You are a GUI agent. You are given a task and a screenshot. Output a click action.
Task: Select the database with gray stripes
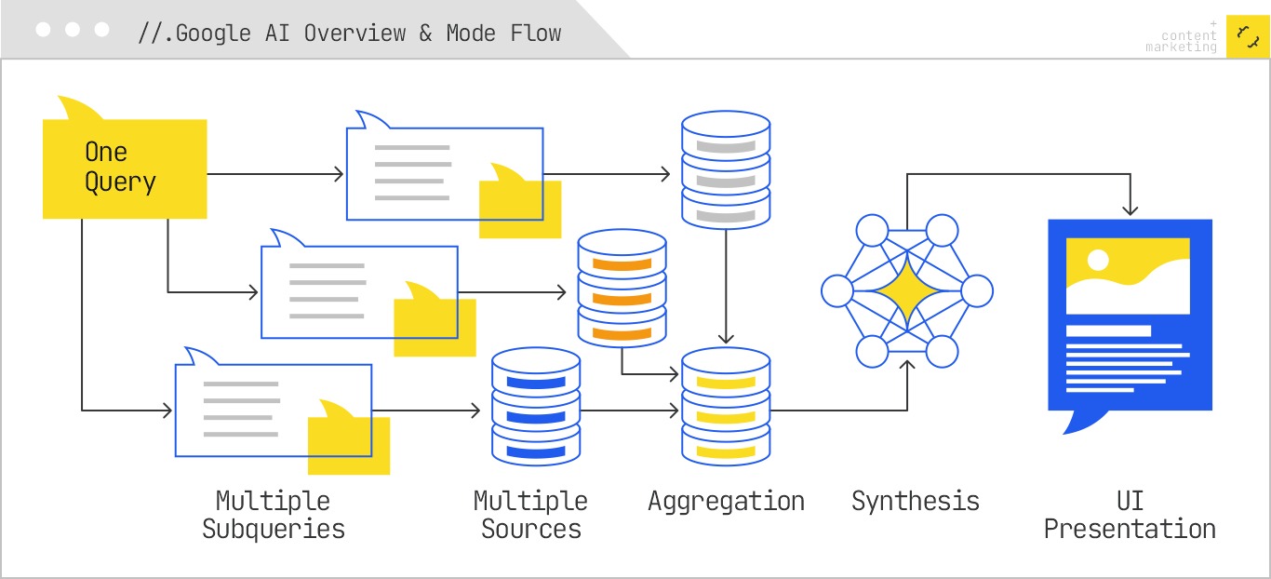[726, 169]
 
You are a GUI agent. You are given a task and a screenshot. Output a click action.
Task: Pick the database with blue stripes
[535, 407]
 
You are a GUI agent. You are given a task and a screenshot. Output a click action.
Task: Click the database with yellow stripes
[726, 407]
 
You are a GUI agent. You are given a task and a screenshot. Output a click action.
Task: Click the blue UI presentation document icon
[1130, 316]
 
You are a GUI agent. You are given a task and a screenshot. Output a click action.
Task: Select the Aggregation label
[726, 501]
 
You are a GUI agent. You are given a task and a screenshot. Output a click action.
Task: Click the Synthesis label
[916, 501]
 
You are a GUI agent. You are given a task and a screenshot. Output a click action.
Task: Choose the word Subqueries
[274, 530]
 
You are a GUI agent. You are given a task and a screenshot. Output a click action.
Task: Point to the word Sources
[531, 530]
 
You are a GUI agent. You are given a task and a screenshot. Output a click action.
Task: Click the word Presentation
[1130, 530]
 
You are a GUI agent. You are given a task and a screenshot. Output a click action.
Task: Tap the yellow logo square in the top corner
[1247, 36]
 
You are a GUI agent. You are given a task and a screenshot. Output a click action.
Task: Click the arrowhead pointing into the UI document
[1130, 210]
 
